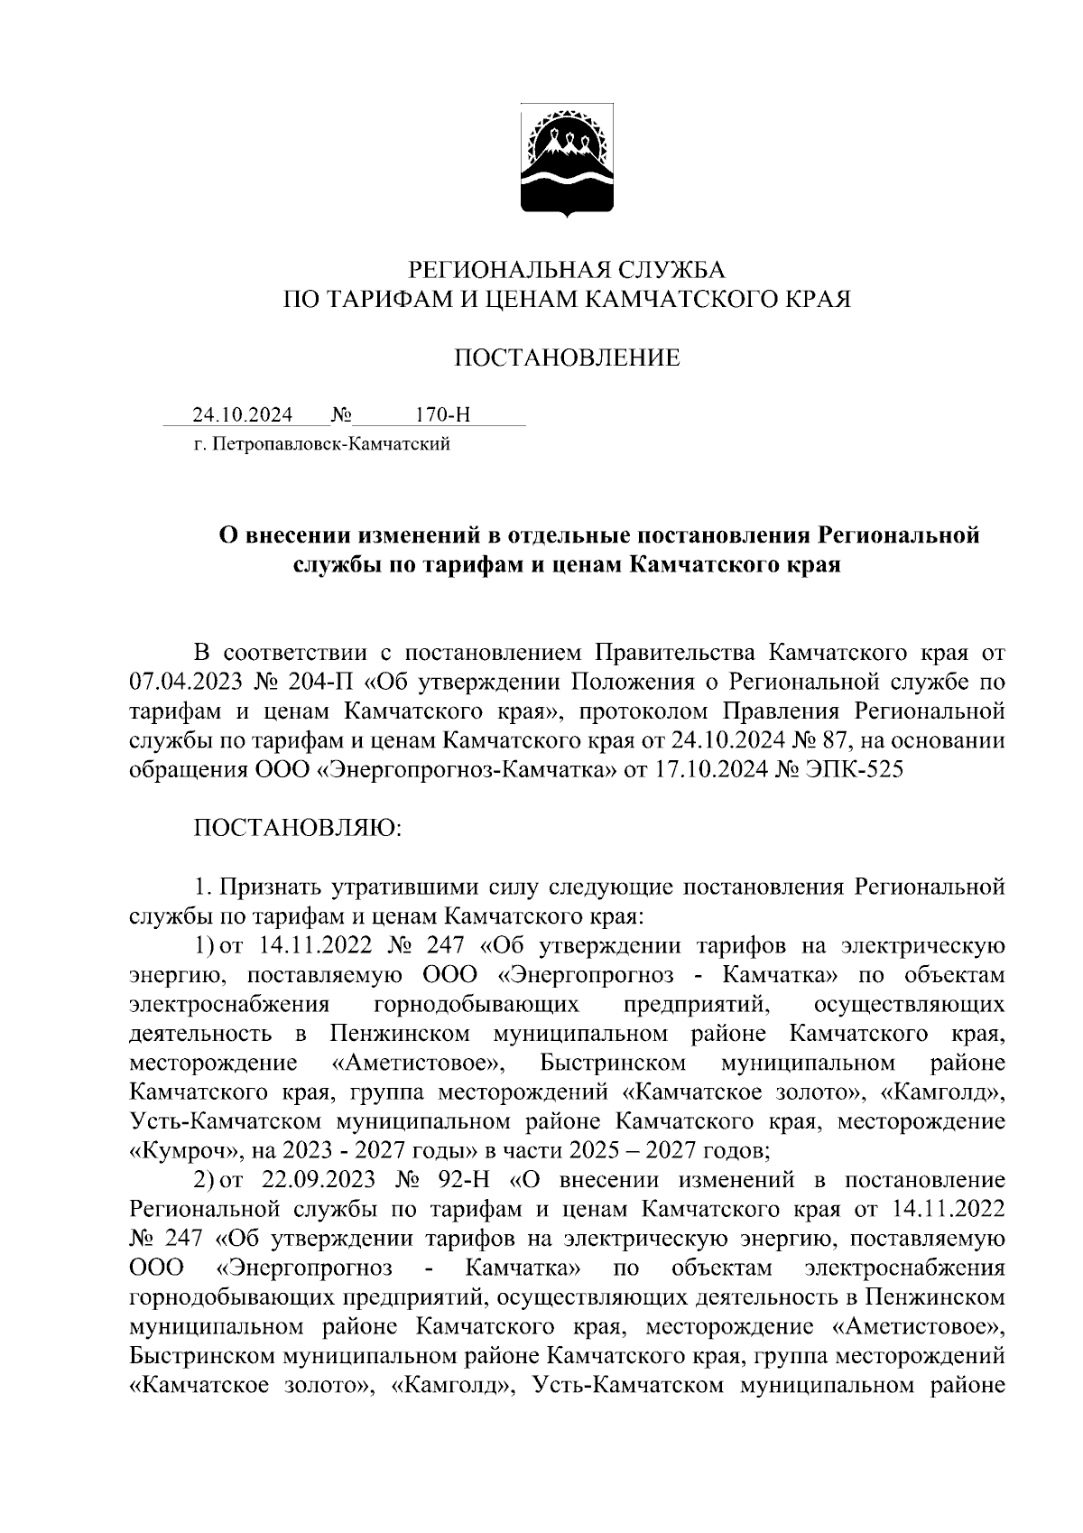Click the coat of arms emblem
[567, 163]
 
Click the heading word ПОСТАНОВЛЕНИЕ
[567, 358]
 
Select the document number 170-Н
[442, 415]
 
